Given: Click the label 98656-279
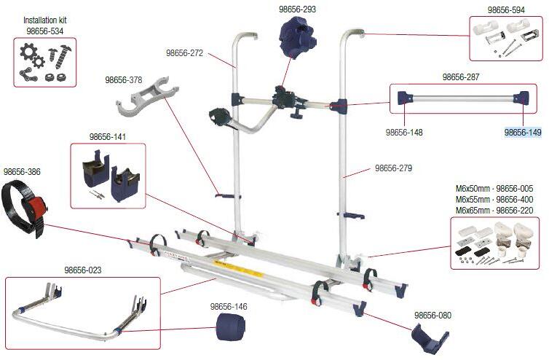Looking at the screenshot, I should coord(393,168).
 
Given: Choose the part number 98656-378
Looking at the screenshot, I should coord(123,80).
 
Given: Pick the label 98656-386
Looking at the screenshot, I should coord(22,172).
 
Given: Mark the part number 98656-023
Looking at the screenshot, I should coord(82,270).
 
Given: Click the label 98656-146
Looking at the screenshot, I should coord(229,307).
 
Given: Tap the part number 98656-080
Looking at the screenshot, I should coord(433,315).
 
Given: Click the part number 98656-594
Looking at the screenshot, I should coord(505,9).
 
